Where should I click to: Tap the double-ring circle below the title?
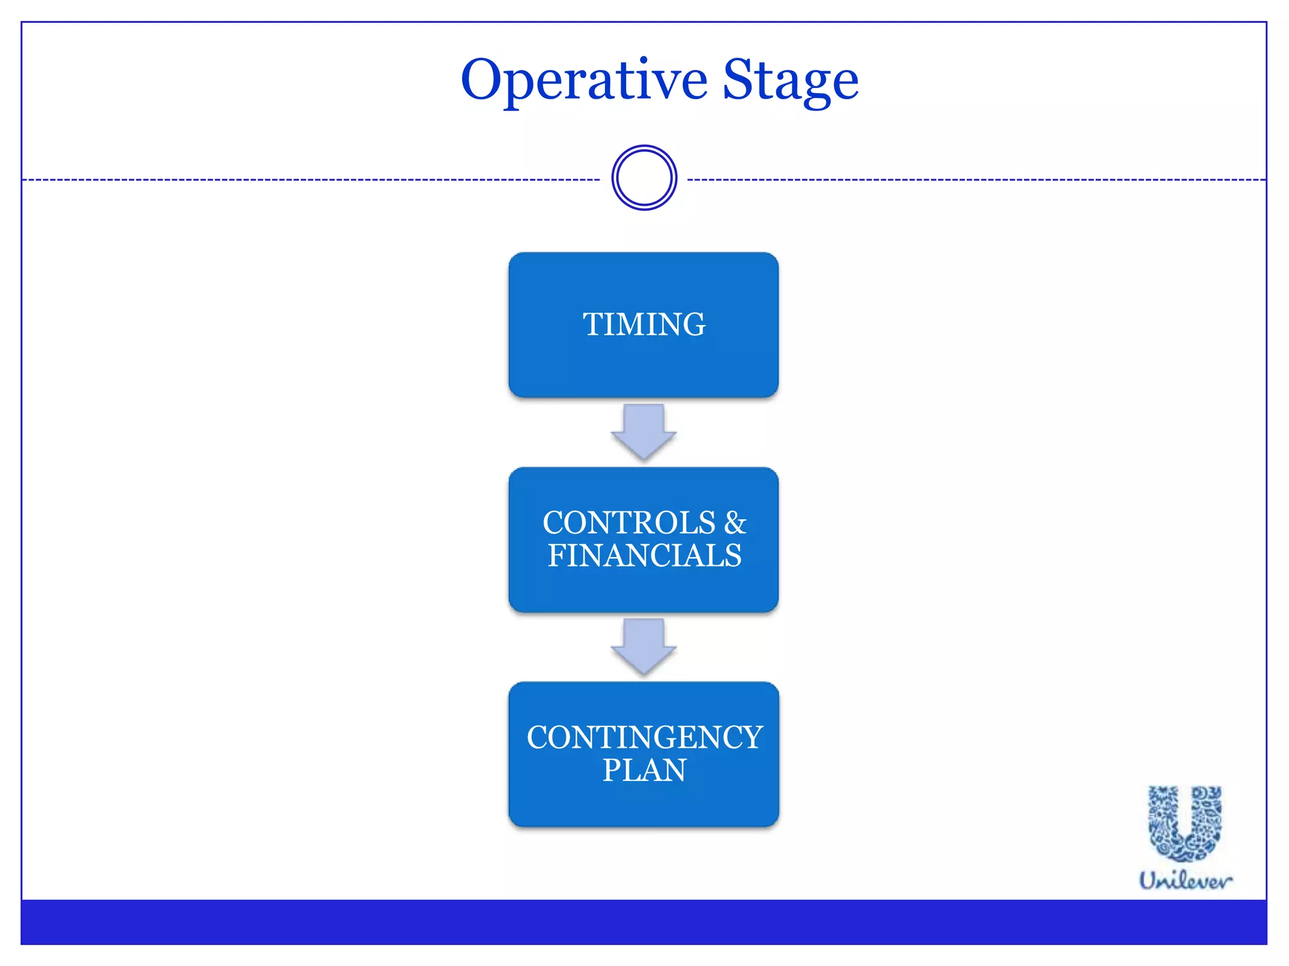tap(644, 178)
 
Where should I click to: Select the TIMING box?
tap(643, 365)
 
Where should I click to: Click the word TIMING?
tap(644, 325)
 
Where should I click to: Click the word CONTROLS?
tap(629, 523)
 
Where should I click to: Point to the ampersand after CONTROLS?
tap(735, 523)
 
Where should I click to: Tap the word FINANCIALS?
tap(644, 556)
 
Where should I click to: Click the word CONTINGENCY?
tap(644, 738)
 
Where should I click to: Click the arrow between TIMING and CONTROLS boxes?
tap(643, 433)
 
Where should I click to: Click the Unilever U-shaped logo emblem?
tap(1185, 823)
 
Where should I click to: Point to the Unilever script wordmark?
tap(1185, 880)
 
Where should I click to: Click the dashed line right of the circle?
tap(976, 180)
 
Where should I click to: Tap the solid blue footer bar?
tap(643, 922)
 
